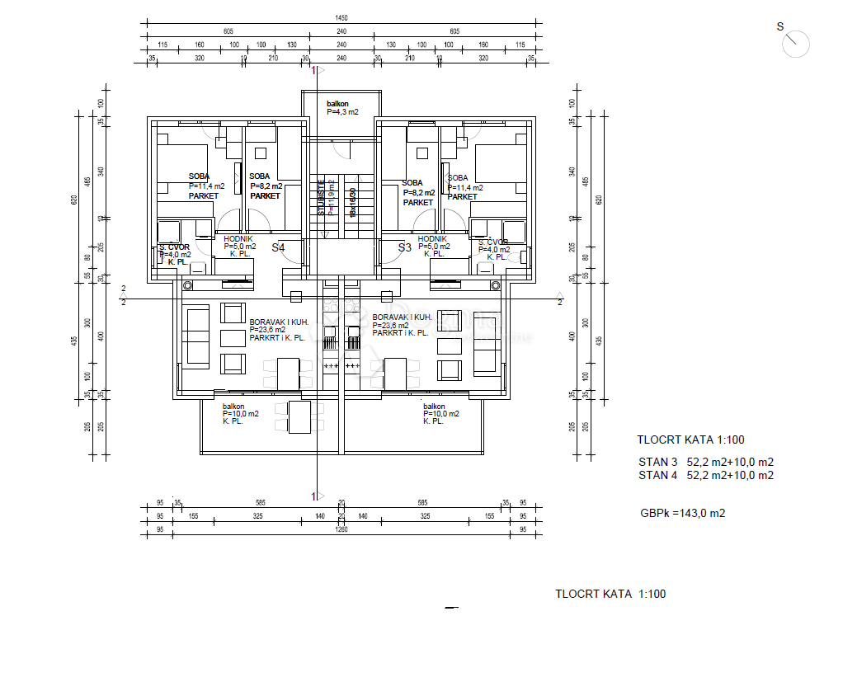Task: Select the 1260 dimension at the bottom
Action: coord(341,530)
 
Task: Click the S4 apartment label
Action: coord(278,247)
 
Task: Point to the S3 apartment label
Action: coord(404,247)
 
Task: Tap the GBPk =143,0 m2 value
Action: coord(682,513)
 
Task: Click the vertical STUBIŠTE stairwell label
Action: coord(322,198)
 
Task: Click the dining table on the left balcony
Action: coord(299,416)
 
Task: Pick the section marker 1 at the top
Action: coord(313,72)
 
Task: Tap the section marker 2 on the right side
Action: coord(559,302)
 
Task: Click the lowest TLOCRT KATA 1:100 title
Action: coord(610,594)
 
